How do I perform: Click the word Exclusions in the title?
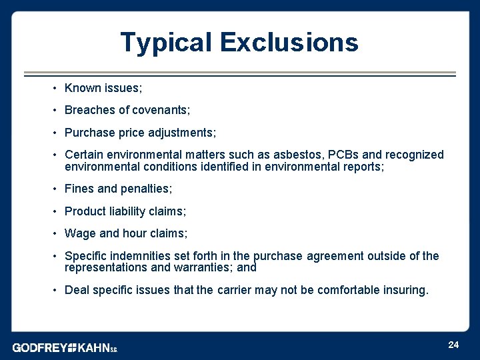coord(289,43)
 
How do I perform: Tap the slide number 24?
coord(453,345)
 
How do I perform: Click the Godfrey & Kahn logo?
coord(65,347)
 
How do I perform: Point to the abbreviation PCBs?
coord(335,155)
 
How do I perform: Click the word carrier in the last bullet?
coord(235,290)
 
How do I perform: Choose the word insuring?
coord(404,290)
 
